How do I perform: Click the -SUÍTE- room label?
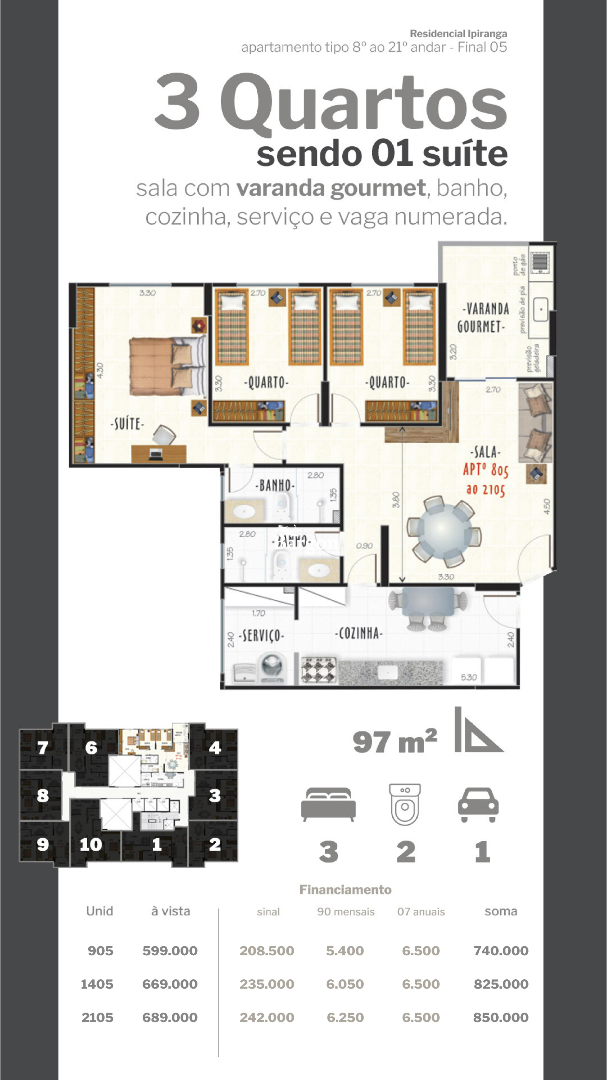127,424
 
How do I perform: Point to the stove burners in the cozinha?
318,669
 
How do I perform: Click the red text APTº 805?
486,470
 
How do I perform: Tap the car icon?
478,805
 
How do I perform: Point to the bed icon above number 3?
328,804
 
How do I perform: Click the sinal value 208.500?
267,951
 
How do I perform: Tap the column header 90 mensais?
346,911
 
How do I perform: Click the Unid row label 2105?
97,1017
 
